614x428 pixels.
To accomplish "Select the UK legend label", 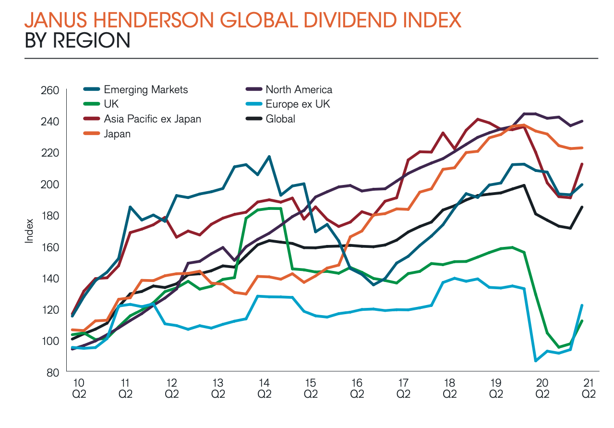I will [111, 104].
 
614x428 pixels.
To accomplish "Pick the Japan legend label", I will [117, 134].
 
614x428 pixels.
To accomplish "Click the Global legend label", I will [280, 119].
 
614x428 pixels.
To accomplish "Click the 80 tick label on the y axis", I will [52, 372].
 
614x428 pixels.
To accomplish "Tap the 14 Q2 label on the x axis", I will [264, 388].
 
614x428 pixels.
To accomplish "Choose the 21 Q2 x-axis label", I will [589, 388].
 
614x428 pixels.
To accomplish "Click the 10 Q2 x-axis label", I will [78, 388].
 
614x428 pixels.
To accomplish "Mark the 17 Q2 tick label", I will [403, 388].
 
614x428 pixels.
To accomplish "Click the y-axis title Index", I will [29, 231].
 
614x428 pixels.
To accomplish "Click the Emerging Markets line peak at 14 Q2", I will [269, 157].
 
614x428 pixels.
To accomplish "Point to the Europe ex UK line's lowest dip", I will [536, 360].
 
